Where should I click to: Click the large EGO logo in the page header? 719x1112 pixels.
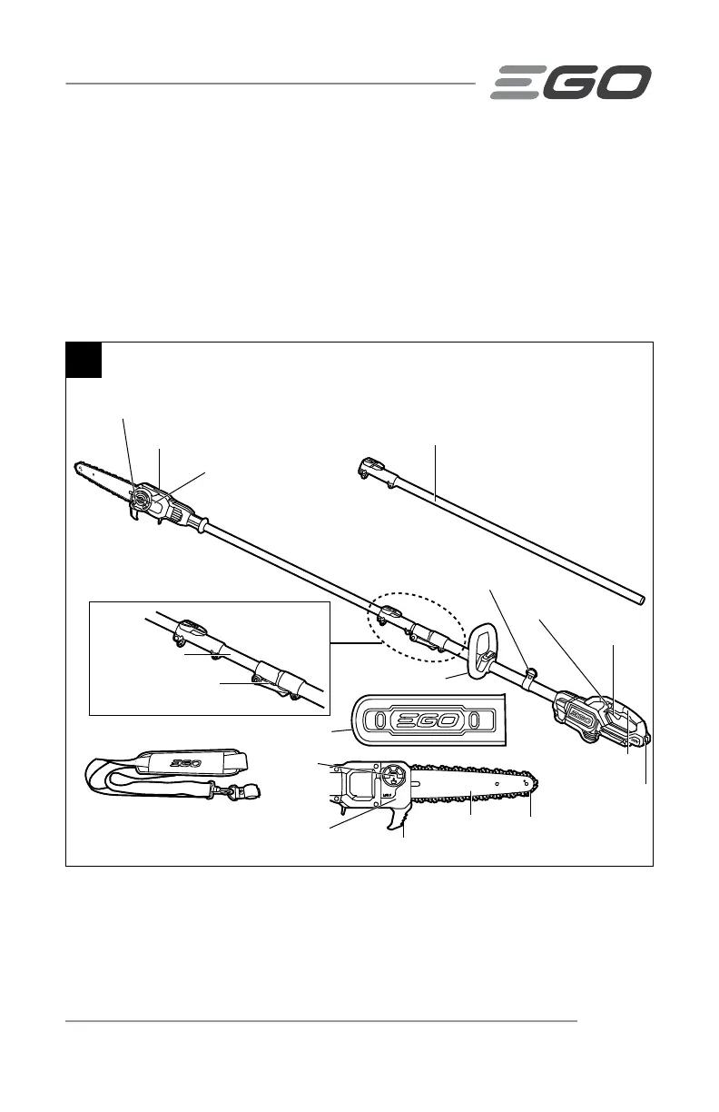[571, 82]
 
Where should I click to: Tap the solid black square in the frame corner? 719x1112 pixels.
[84, 360]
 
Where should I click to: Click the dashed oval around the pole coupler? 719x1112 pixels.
[416, 626]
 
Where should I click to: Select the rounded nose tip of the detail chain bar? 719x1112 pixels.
[538, 782]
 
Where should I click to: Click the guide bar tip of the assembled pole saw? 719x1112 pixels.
[76, 464]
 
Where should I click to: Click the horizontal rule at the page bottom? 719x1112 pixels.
[322, 1021]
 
